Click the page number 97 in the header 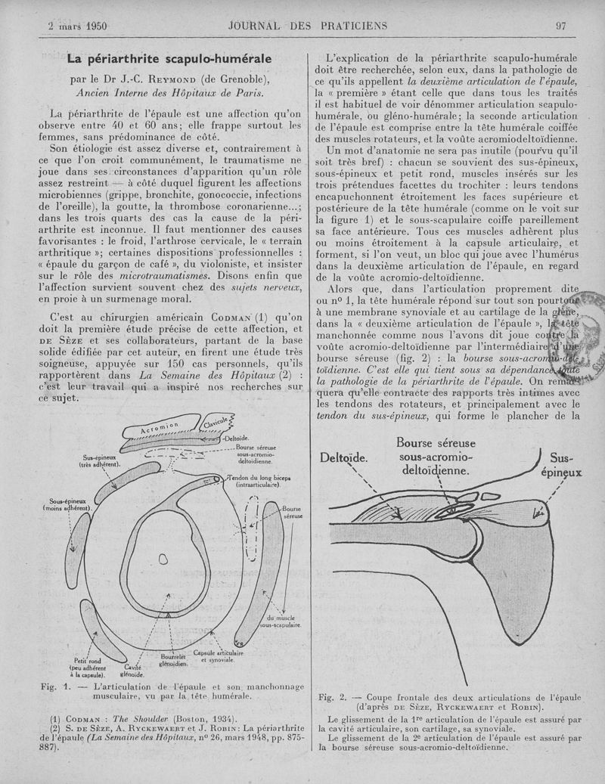pyautogui.click(x=561, y=25)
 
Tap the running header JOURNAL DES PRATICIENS pyautogui.click(x=307, y=25)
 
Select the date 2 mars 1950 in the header pyautogui.click(x=76, y=25)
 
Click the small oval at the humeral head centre pyautogui.click(x=163, y=559)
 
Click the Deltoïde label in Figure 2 pyautogui.click(x=343, y=457)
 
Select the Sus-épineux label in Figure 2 pyautogui.click(x=565, y=466)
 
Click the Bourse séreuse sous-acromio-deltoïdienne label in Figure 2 pyautogui.click(x=435, y=456)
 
